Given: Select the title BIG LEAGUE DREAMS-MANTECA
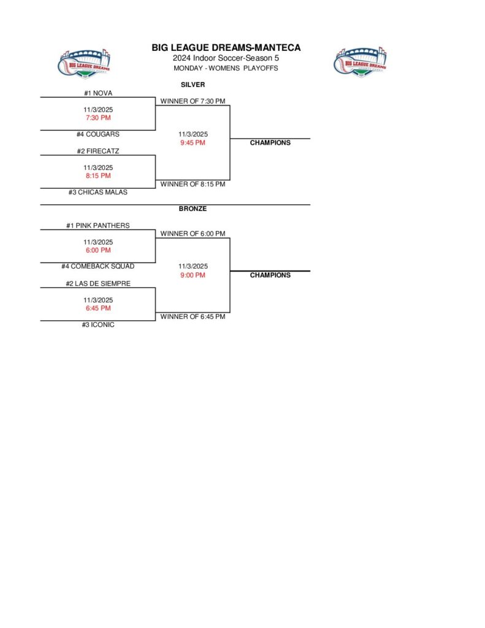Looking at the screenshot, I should click(x=226, y=48).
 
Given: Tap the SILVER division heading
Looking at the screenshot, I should click(x=193, y=85).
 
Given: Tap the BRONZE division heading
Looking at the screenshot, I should click(x=193, y=209).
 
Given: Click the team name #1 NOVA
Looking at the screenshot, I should click(x=98, y=93).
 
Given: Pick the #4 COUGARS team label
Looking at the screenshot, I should click(x=98, y=134).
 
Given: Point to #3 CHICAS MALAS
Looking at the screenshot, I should click(x=98, y=192).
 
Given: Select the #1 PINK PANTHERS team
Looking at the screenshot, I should click(x=98, y=226).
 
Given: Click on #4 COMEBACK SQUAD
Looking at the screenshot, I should click(x=98, y=267).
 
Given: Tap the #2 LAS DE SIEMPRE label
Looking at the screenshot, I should click(x=98, y=284).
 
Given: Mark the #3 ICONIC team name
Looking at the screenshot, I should click(x=98, y=325).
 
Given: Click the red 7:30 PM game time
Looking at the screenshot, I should click(x=98, y=118).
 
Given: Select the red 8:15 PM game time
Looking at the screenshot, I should click(x=98, y=176).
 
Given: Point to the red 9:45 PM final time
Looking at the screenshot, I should click(x=193, y=143).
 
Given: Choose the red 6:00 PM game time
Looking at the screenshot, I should click(x=98, y=250).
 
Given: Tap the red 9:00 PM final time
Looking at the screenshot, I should click(x=193, y=275).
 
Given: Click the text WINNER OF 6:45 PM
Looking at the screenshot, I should click(x=193, y=317).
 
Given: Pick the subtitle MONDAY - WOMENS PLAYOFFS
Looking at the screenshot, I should click(x=226, y=68).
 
